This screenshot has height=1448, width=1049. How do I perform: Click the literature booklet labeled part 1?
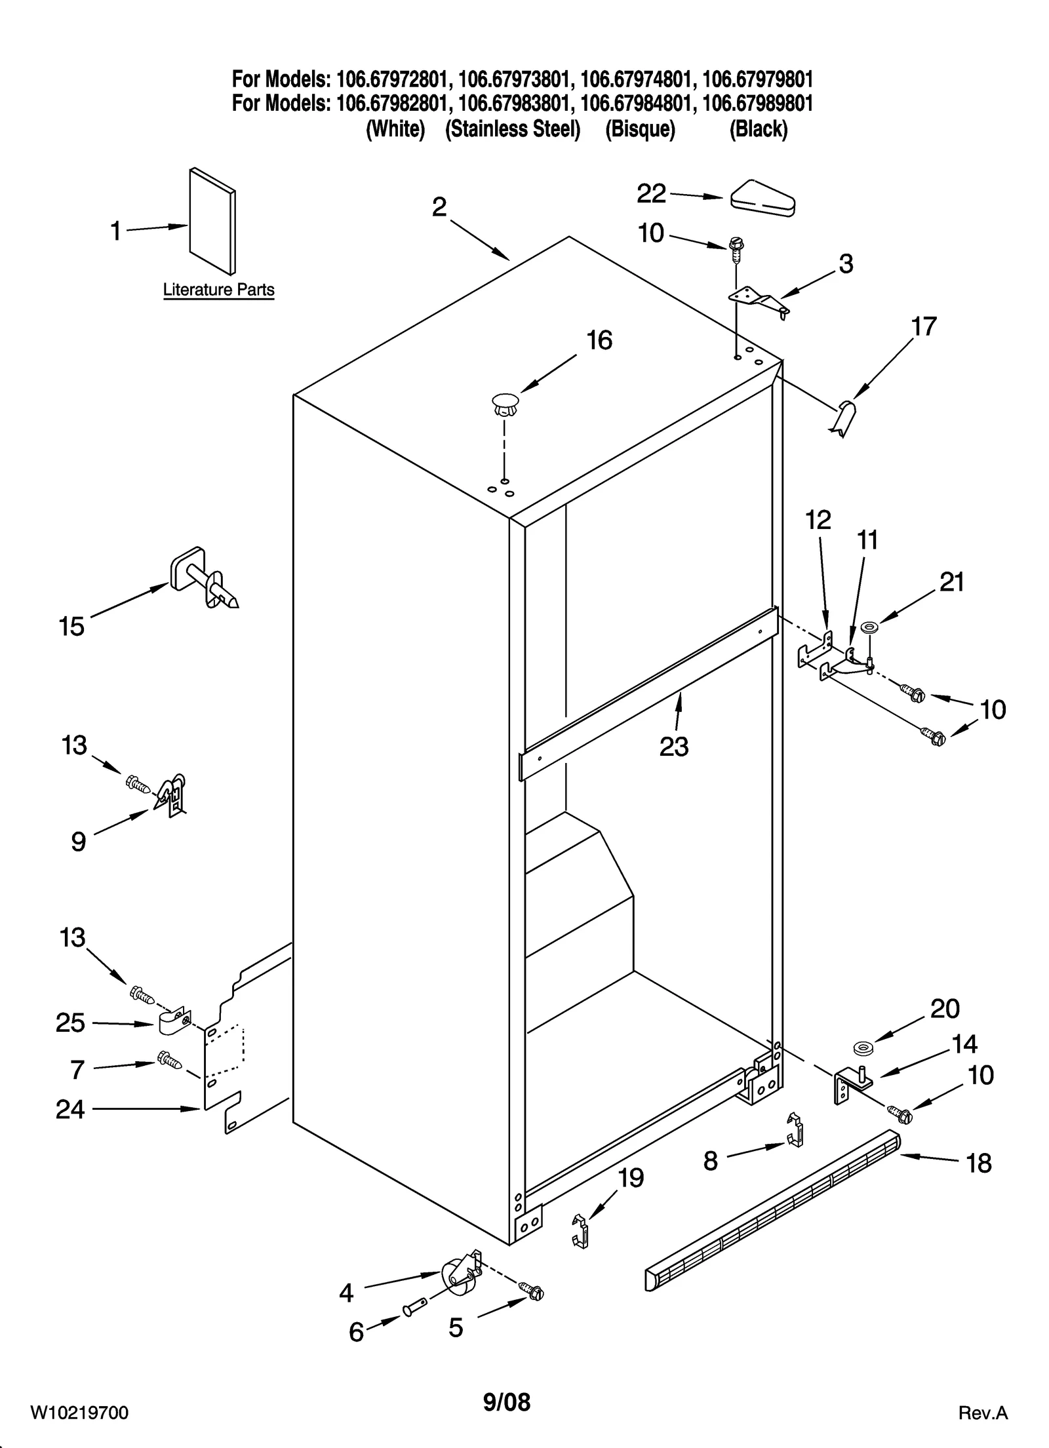(x=212, y=222)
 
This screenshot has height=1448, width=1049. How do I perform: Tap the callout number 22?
(x=651, y=193)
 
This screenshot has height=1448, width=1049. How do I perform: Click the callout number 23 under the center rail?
(x=674, y=747)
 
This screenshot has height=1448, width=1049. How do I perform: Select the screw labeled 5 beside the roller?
(x=531, y=1289)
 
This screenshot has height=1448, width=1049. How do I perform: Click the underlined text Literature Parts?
(x=218, y=290)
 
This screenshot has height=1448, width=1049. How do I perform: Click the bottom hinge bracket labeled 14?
(x=849, y=1086)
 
